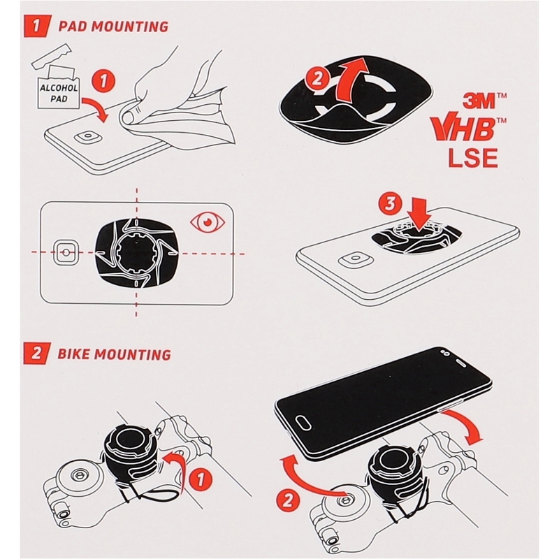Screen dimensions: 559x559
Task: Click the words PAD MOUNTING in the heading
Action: [x=113, y=27]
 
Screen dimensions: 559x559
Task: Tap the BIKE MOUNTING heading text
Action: [x=114, y=354]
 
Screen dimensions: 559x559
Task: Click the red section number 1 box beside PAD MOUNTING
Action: [x=37, y=26]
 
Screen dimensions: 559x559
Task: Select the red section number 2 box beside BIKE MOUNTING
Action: [x=37, y=354]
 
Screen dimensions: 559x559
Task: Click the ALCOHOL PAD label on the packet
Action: [x=59, y=93]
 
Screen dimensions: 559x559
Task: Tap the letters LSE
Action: [x=473, y=158]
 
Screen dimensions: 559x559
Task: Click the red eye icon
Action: [x=208, y=222]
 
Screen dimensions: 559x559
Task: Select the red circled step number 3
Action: [x=391, y=204]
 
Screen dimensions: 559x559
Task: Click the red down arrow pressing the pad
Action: [x=419, y=215]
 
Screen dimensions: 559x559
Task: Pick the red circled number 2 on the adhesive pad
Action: [x=317, y=79]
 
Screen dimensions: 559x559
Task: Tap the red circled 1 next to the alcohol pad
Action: [x=103, y=81]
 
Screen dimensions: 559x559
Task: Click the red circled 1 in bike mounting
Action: [x=201, y=479]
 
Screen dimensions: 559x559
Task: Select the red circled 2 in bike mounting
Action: [x=289, y=500]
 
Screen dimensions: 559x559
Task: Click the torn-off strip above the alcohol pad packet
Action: [x=51, y=56]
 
